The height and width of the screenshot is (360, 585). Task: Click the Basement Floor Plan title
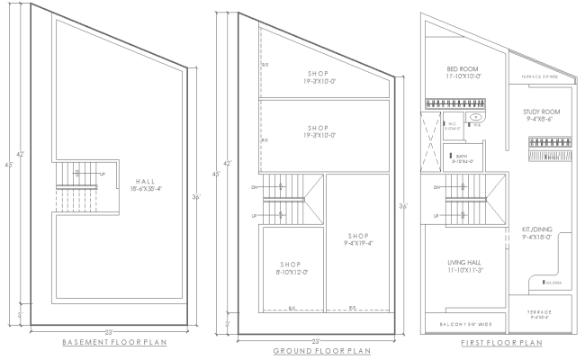114,342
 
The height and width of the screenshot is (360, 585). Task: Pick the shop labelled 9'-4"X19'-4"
360,239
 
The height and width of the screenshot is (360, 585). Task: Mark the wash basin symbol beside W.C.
479,118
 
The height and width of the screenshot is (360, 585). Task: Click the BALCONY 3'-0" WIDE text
466,323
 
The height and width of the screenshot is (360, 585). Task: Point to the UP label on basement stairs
102,173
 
